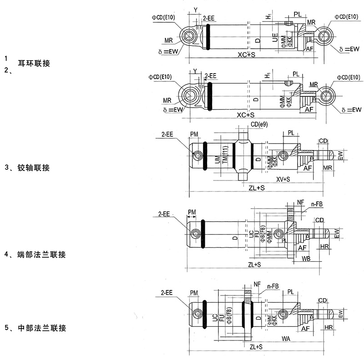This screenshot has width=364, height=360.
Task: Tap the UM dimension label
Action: [217, 159]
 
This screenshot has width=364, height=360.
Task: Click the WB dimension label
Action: [306, 259]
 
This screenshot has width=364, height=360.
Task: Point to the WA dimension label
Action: [287, 339]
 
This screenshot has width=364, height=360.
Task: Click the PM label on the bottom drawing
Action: [194, 293]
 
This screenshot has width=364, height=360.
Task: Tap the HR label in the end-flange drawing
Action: [324, 246]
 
